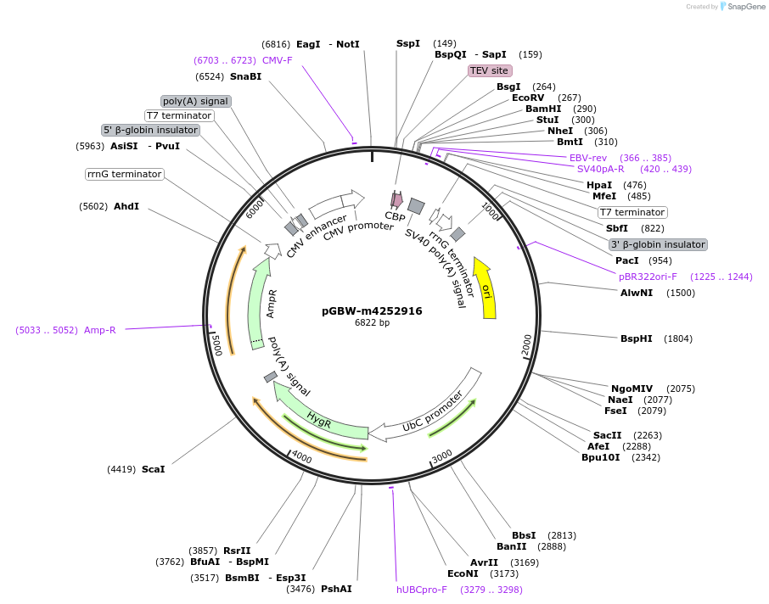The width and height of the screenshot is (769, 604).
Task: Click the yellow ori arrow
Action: pyautogui.click(x=486, y=288)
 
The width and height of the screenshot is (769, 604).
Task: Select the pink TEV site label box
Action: pyautogui.click(x=490, y=70)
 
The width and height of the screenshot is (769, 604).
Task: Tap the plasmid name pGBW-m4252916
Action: pyautogui.click(x=372, y=311)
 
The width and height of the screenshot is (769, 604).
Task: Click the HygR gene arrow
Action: pyautogui.click(x=317, y=417)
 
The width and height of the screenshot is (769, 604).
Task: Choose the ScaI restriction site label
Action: pyautogui.click(x=154, y=469)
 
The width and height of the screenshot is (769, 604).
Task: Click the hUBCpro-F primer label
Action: pyautogui.click(x=422, y=590)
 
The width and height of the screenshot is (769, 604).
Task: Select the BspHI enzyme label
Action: pyautogui.click(x=637, y=338)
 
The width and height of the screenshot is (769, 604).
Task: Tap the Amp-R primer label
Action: pyautogui.click(x=100, y=330)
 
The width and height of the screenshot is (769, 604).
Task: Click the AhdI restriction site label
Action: pyautogui.click(x=126, y=206)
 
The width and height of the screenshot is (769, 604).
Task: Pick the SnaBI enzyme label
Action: pyautogui.click(x=246, y=76)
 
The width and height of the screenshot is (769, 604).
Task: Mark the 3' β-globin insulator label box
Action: pyautogui.click(x=658, y=244)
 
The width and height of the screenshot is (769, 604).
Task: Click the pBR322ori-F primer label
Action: pyautogui.click(x=648, y=277)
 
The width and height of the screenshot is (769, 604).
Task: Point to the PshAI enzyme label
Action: pyautogui.click(x=336, y=589)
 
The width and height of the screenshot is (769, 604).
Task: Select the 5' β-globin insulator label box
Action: pyautogui.click(x=151, y=130)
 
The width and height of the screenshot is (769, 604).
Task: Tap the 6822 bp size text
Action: pyautogui.click(x=372, y=323)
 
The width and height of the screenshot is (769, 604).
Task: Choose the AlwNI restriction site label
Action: pyautogui.click(x=637, y=293)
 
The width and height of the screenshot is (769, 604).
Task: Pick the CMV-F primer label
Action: pyautogui.click(x=278, y=60)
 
